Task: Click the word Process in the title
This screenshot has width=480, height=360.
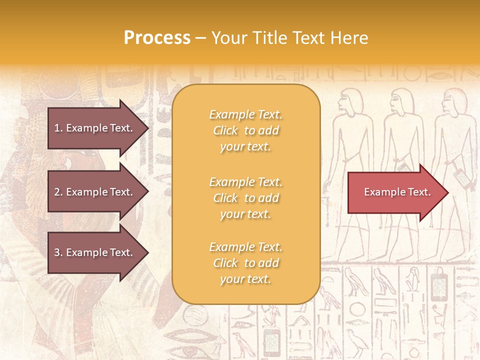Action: click(157, 38)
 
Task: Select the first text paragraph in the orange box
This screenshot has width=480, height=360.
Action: click(246, 130)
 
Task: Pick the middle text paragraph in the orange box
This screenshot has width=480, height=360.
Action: click(246, 198)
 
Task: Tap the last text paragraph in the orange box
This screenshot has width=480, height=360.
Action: click(246, 263)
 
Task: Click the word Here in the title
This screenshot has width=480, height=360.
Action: click(350, 38)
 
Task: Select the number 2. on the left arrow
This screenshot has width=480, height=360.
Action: click(58, 192)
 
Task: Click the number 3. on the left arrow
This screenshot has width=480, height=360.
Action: click(58, 252)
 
